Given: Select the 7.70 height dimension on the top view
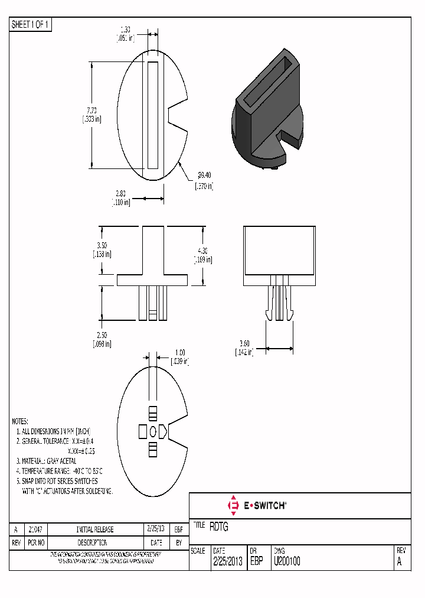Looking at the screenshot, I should [91, 110].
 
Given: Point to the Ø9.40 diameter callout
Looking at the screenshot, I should [204, 175].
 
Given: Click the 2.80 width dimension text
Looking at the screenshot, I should [120, 193].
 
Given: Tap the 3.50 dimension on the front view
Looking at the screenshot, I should [101, 245].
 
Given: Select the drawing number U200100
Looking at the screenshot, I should [286, 562].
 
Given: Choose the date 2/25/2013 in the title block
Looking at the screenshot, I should [227, 562].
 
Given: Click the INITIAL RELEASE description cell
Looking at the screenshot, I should [95, 529].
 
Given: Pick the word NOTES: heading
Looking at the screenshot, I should [20, 422].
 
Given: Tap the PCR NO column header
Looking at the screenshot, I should [37, 542].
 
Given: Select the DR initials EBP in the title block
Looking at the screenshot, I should [256, 562].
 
